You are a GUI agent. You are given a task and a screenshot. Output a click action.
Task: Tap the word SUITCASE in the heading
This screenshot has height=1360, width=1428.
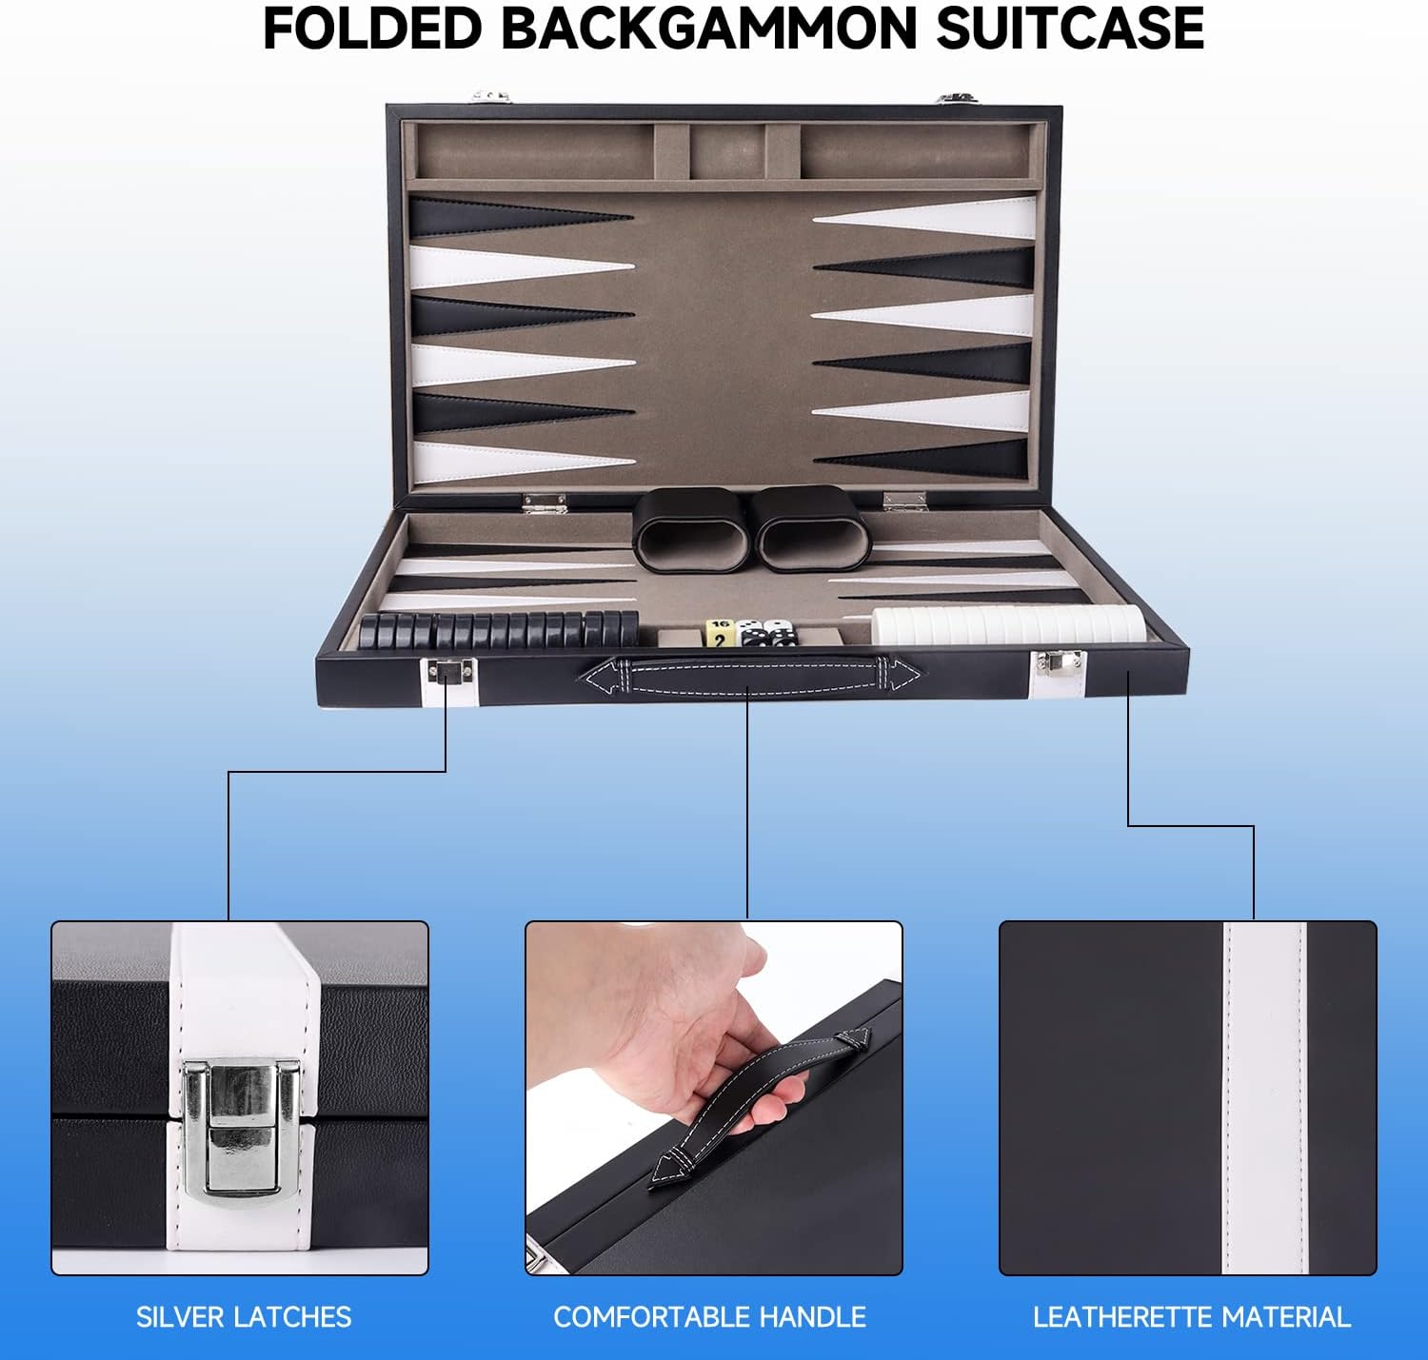coord(1069,30)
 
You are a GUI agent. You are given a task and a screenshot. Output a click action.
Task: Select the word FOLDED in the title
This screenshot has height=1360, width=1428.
coord(372,30)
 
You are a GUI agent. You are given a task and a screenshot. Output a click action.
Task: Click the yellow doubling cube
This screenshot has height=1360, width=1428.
coord(719,633)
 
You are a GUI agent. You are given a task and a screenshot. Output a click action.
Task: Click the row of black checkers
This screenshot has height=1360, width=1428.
coord(498,630)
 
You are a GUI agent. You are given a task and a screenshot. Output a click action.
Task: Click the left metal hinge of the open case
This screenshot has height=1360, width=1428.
coord(544,503)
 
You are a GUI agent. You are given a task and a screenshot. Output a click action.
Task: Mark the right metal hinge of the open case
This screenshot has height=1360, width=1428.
coord(904,501)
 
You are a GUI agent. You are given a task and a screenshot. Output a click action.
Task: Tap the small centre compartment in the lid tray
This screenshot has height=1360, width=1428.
coord(726,152)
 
